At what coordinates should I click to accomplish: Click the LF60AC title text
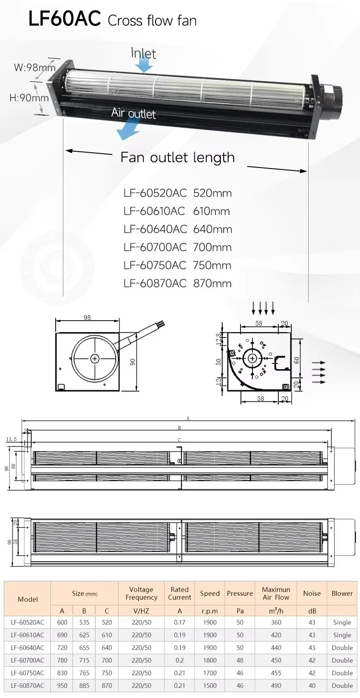(64, 19)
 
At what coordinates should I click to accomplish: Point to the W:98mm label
(35, 67)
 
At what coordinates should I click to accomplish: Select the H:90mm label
(29, 98)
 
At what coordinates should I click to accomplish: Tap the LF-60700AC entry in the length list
(155, 247)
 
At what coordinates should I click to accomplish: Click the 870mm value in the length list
(212, 284)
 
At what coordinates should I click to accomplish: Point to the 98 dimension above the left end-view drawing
(87, 317)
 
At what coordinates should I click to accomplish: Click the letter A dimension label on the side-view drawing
(188, 419)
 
